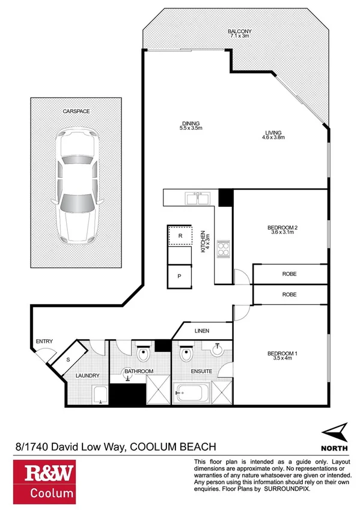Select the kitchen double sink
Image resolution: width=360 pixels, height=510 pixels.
point(197,197)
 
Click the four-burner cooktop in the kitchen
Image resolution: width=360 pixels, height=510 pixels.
point(223,249)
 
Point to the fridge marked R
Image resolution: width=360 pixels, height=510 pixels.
point(180,236)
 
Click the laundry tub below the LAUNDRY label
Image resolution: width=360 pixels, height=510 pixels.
point(100,395)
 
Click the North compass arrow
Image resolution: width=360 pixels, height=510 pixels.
point(334,431)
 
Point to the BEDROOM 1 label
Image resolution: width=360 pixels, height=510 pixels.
point(282,353)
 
